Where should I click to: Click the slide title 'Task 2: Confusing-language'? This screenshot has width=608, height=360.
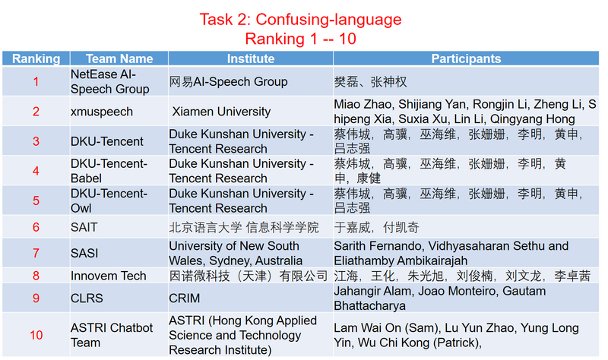[300, 19]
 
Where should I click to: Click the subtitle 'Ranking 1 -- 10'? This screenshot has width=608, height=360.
[300, 38]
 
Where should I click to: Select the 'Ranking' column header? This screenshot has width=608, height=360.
[36, 58]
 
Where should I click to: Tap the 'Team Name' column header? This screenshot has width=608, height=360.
[119, 58]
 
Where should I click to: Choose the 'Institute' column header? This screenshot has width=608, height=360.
[250, 58]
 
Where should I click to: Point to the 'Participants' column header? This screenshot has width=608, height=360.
[466, 58]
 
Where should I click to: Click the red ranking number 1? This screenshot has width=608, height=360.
[36, 81]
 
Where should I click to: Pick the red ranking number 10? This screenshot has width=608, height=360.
[36, 335]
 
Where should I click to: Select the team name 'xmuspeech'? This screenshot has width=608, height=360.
[102, 112]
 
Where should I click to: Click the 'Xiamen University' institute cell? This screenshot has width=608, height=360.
[220, 112]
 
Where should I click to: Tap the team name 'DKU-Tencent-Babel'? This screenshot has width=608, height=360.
[109, 171]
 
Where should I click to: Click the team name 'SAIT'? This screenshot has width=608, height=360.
[84, 227]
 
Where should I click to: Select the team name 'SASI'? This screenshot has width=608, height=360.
[84, 253]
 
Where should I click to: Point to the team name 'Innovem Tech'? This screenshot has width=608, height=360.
[109, 276]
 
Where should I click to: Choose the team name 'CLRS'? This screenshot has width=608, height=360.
[87, 298]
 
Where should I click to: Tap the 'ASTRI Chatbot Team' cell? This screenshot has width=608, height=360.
[112, 335]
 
